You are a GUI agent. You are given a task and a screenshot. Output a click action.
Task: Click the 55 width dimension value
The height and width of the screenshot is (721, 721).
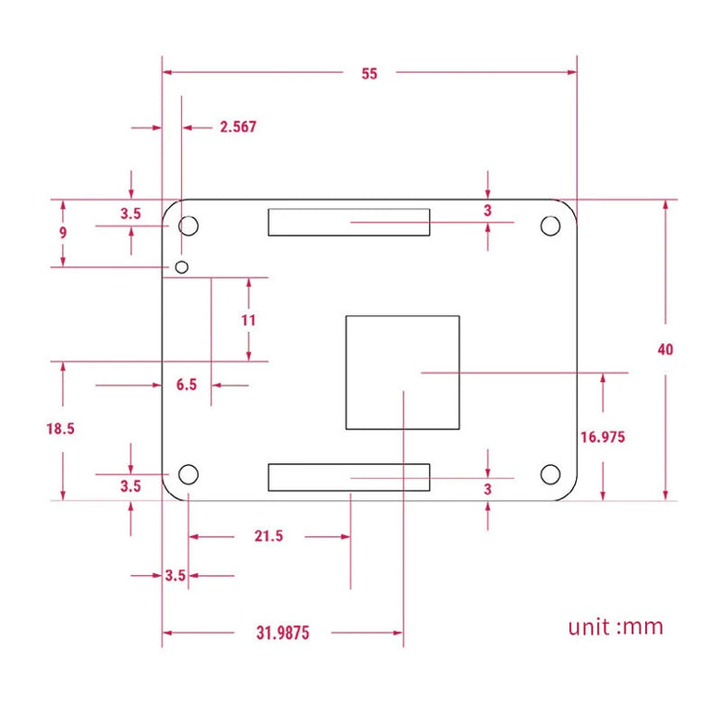pyautogui.click(x=370, y=74)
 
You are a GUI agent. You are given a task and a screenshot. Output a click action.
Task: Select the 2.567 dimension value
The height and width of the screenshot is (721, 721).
pyautogui.click(x=238, y=128)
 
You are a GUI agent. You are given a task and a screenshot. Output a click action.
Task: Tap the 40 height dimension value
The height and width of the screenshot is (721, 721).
pyautogui.click(x=666, y=349)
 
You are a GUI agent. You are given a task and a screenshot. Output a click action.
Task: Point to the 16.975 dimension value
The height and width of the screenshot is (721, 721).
pyautogui.click(x=603, y=437)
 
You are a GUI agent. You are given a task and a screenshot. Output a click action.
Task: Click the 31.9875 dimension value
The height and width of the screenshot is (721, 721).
pyautogui.click(x=282, y=633)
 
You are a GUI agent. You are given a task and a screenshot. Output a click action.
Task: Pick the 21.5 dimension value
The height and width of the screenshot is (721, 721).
pyautogui.click(x=268, y=536)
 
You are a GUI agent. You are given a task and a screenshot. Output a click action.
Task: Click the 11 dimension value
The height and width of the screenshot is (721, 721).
pyautogui.click(x=248, y=320)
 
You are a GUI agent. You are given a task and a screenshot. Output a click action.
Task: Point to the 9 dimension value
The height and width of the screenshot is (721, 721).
pyautogui.click(x=63, y=233)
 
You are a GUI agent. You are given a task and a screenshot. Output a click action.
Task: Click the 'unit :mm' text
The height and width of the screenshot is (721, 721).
pyautogui.click(x=616, y=627)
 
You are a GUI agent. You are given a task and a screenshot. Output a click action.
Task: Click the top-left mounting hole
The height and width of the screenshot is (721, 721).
pyautogui.click(x=189, y=225)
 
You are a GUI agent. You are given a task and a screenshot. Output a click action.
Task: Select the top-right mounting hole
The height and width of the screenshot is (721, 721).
pyautogui.click(x=550, y=225)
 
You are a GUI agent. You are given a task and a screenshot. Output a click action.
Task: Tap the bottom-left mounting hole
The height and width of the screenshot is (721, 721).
pyautogui.click(x=189, y=475)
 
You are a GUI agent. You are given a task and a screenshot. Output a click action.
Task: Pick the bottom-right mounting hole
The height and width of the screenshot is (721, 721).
pyautogui.click(x=550, y=475)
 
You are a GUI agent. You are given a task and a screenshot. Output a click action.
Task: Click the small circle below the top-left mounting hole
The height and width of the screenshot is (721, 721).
pyautogui.click(x=182, y=267)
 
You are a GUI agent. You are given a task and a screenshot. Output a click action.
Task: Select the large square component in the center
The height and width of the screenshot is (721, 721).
pyautogui.click(x=402, y=372)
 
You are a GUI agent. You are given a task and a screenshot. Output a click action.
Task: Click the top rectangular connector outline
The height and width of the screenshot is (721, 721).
pyautogui.click(x=348, y=222)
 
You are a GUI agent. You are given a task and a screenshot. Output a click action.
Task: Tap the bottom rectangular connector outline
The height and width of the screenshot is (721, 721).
pyautogui.click(x=348, y=477)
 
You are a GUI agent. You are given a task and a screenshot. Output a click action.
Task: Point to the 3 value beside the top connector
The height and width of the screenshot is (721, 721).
pyautogui.click(x=487, y=211)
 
